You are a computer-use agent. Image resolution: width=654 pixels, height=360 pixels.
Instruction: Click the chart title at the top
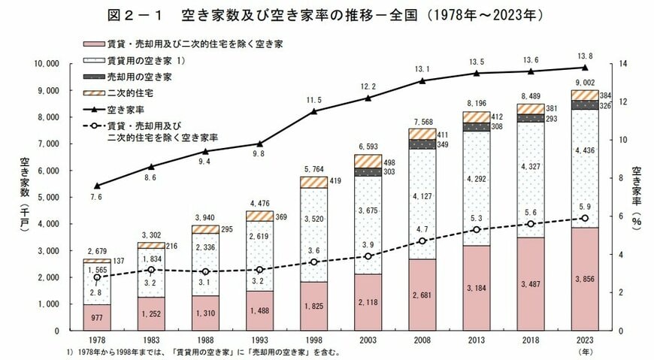coord(325,16)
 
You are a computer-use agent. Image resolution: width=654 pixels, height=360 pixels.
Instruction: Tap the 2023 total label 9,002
coord(585,83)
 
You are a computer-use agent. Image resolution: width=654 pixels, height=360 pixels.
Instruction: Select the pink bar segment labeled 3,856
coord(585,279)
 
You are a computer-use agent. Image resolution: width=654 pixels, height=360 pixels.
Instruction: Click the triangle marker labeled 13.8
coord(585,68)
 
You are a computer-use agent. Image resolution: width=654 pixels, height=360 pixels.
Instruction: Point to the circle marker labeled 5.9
coord(585,218)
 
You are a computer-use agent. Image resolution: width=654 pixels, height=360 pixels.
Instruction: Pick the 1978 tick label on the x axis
coord(97,340)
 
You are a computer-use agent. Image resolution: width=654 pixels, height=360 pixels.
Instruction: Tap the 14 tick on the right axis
coord(622,64)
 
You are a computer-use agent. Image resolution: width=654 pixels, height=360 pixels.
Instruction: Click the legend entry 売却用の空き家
coord(127,77)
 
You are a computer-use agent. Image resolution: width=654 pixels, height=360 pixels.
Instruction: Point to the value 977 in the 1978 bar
coord(97,318)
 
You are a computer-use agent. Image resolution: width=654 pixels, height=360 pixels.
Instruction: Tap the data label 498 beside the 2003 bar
coord(389,162)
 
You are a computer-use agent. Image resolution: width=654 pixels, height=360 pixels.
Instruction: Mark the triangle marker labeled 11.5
coord(314,111)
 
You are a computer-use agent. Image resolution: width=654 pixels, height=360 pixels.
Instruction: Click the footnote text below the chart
coord(203,352)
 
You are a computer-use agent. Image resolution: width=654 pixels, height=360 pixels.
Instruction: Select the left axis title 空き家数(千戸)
coord(25,195)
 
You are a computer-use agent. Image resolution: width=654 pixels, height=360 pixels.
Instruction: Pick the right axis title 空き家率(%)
coord(637,196)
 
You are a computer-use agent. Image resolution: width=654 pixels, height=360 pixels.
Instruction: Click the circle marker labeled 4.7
coord(422,241)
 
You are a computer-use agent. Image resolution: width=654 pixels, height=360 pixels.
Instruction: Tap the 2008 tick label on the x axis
coord(422,340)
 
